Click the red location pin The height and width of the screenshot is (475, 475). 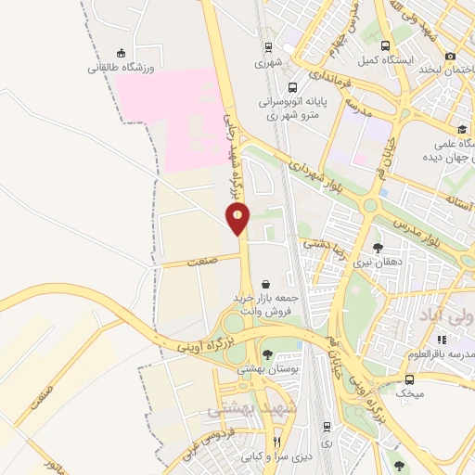(237, 219)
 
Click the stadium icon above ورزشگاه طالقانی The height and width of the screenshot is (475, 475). (120, 53)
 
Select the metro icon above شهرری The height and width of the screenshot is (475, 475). (267, 47)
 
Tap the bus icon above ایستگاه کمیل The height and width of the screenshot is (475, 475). (385, 45)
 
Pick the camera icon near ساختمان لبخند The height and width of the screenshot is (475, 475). (450, 56)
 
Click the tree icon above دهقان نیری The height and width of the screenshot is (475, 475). (378, 248)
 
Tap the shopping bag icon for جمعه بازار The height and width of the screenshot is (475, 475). (266, 284)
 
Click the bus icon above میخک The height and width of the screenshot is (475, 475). (409, 379)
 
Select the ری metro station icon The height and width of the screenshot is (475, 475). (326, 427)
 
